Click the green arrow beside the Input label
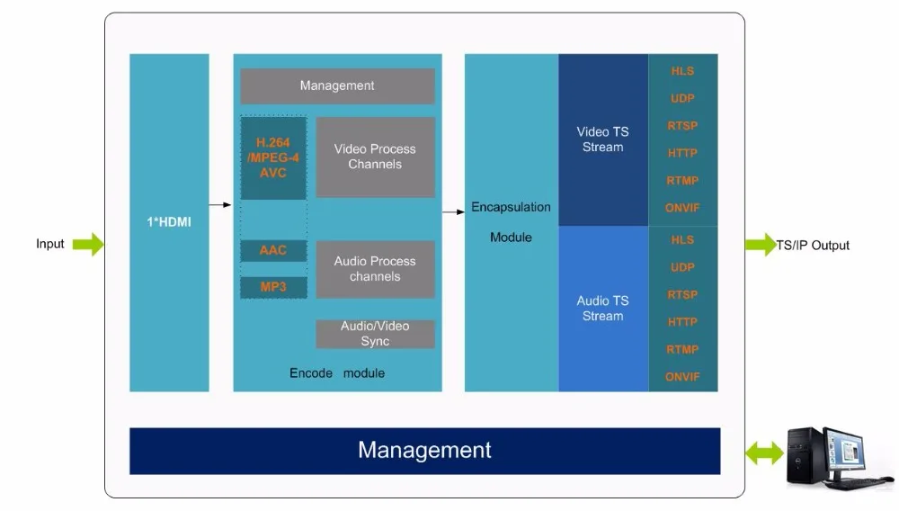pos(88,244)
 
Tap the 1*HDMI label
pos(169,222)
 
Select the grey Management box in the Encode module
pos(337,86)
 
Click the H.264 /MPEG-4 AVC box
pos(273,157)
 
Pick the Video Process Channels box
pos(375,157)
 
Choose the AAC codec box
pos(273,250)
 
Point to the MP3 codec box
pos(273,287)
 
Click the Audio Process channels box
pos(375,269)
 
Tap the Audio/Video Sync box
pos(375,334)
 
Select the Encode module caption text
pos(337,372)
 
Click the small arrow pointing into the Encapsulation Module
pos(453,212)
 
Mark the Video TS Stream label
pos(602,139)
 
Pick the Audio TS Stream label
pos(602,308)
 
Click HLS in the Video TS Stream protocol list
pos(682,71)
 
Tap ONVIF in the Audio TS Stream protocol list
pos(682,377)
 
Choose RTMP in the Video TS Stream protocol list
pos(682,181)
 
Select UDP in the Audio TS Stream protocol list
pos(682,267)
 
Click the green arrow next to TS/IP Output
pos(761,245)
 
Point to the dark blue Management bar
pos(424,450)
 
